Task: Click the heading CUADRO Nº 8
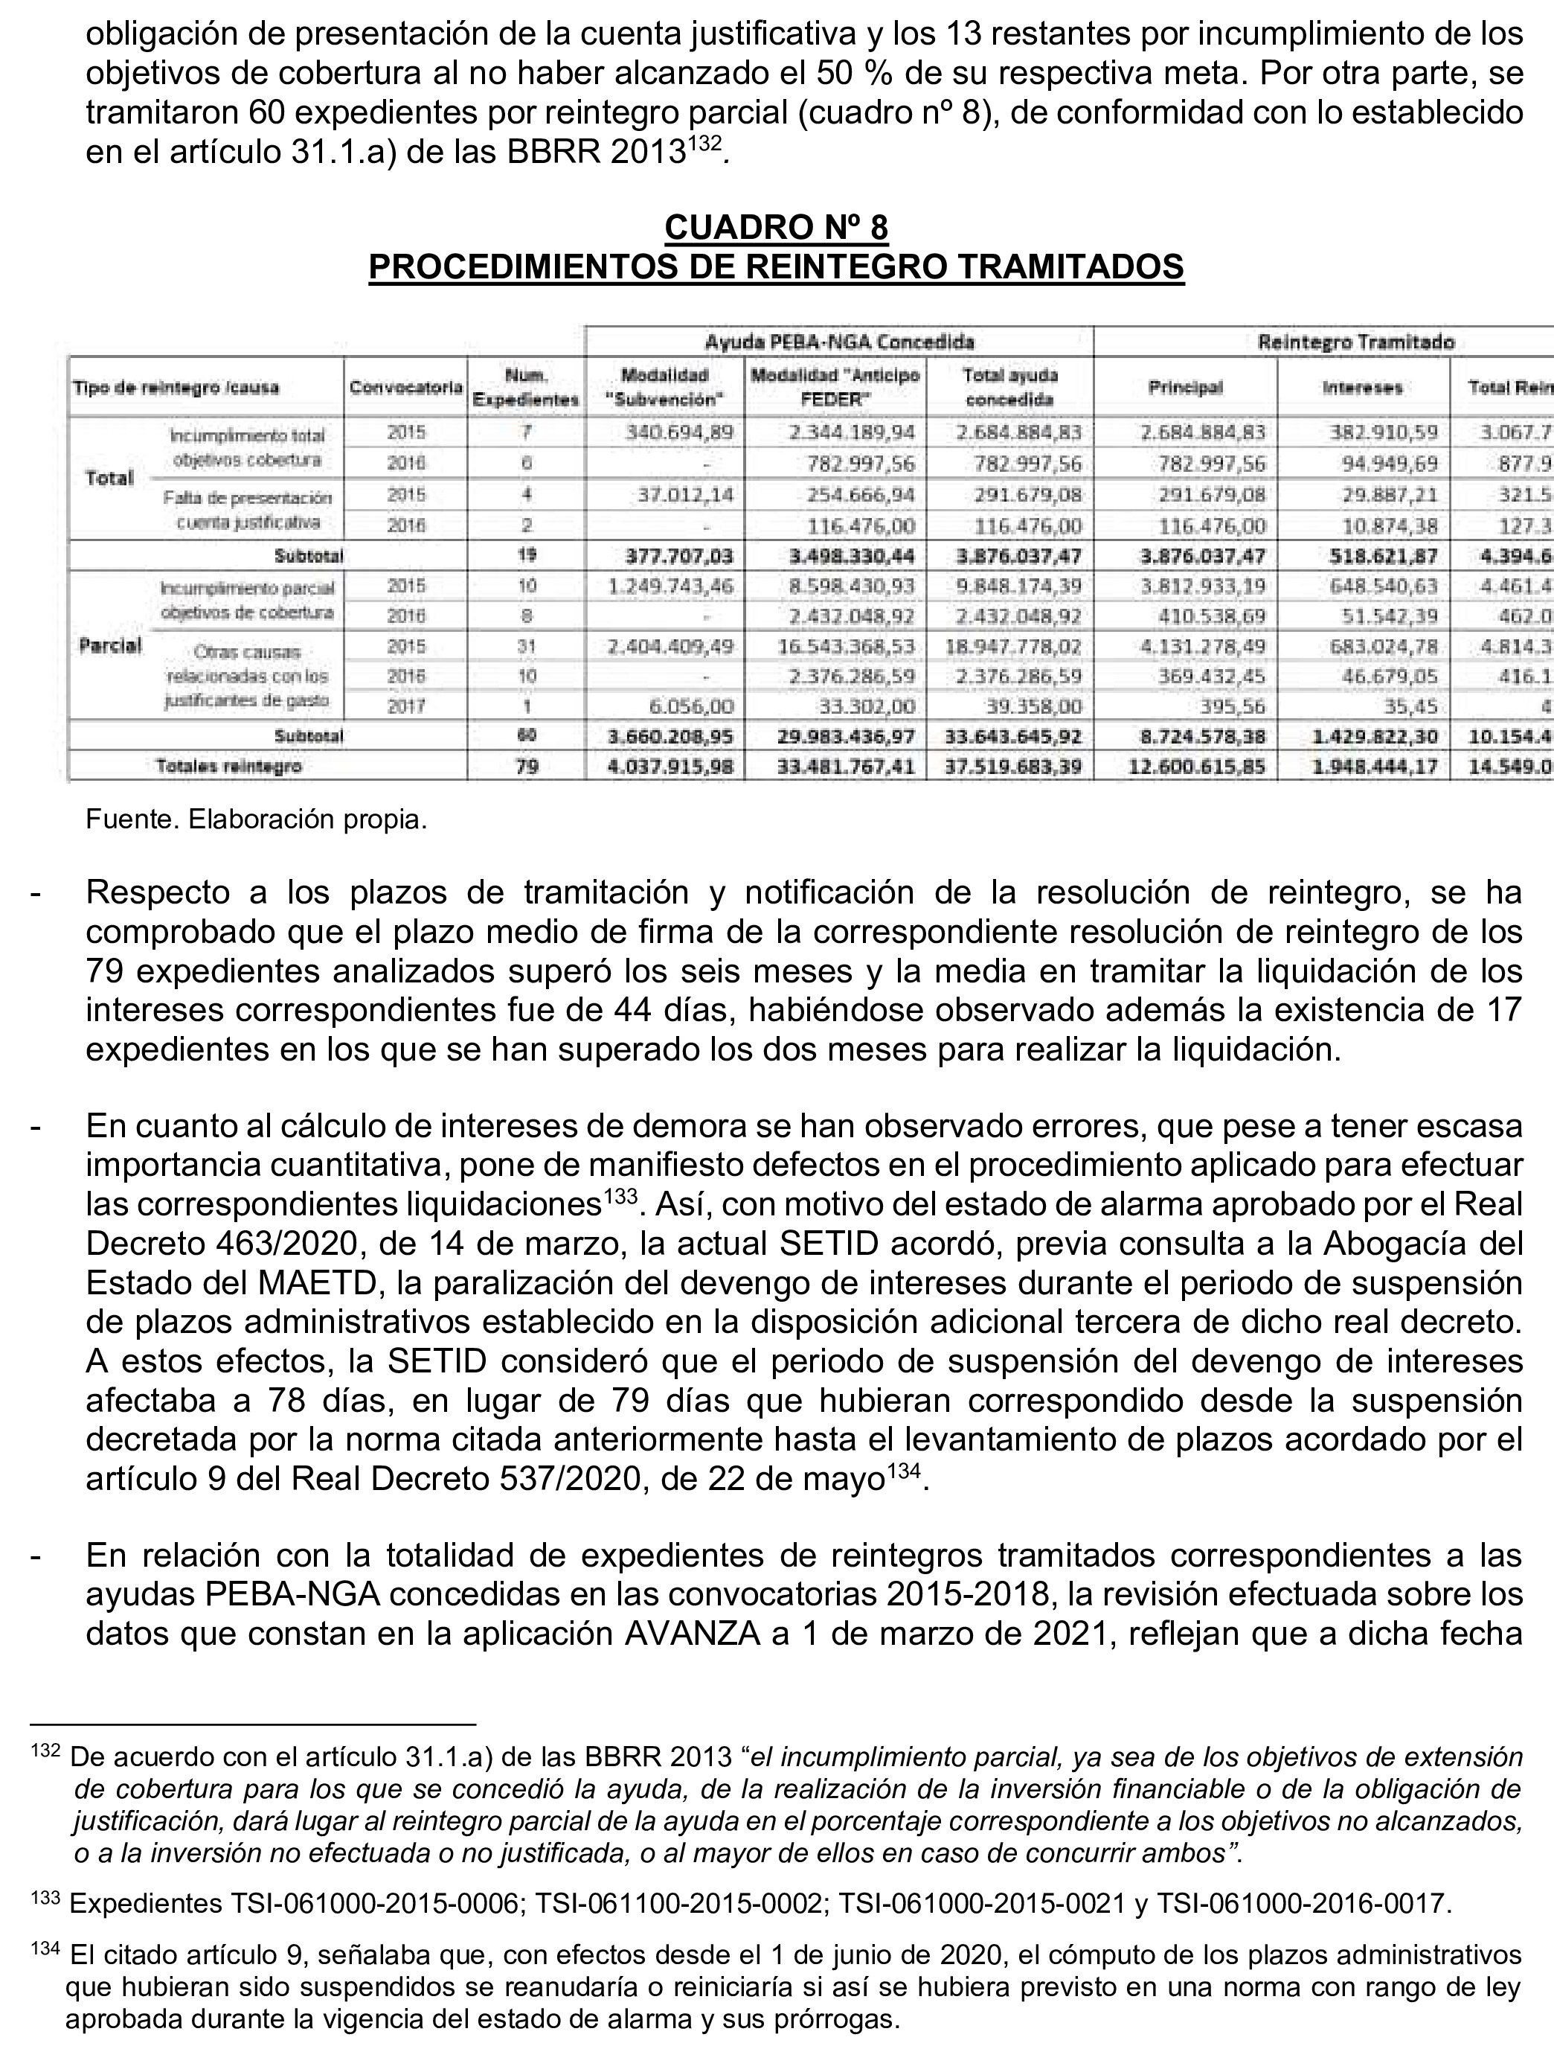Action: [776, 228]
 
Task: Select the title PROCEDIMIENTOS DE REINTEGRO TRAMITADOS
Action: [776, 267]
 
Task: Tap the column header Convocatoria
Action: [405, 388]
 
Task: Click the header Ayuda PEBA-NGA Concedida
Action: [839, 342]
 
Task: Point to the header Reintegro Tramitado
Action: [1356, 342]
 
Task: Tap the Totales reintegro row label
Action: [228, 766]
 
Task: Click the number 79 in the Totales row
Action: [527, 766]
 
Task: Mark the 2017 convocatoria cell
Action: [405, 706]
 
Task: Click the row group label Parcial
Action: [110, 645]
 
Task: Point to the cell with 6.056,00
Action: [691, 706]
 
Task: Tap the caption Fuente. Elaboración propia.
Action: [256, 820]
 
